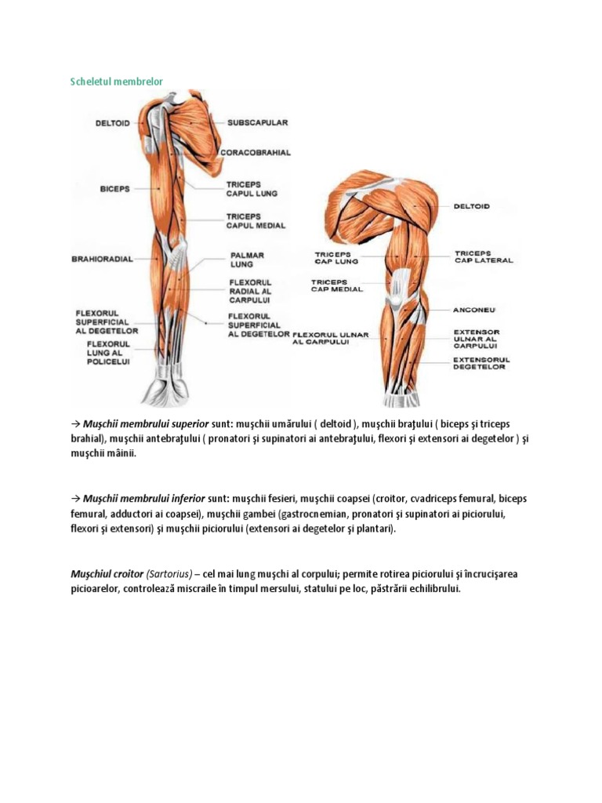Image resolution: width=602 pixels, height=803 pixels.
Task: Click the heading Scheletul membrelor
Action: tap(117, 81)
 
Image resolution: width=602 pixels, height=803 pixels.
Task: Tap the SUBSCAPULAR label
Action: tap(258, 122)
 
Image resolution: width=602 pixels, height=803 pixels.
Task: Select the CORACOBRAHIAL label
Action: tap(256, 153)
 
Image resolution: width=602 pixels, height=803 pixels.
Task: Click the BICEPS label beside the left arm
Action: tap(114, 189)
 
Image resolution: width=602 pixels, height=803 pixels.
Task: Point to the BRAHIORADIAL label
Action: tap(102, 258)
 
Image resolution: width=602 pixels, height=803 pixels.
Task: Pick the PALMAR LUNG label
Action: tap(247, 260)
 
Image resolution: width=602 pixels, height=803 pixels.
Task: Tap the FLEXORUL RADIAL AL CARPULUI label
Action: tap(250, 290)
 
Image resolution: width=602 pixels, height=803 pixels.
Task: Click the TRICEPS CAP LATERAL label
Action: tap(484, 257)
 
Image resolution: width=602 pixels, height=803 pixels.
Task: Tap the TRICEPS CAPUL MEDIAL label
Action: tap(256, 220)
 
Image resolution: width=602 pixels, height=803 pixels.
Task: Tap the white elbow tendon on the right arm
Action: tap(399, 287)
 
